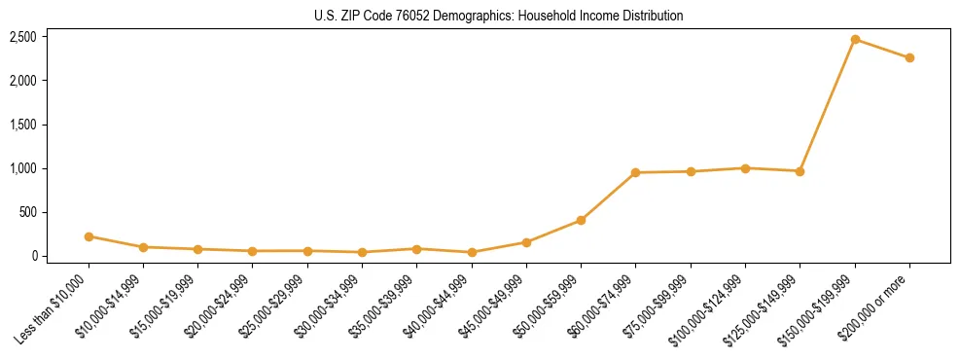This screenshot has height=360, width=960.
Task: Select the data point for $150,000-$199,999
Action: point(855,40)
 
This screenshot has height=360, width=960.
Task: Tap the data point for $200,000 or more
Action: point(909,58)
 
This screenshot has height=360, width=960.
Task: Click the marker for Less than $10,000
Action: point(89,236)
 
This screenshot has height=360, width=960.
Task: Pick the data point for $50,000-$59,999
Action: point(581,220)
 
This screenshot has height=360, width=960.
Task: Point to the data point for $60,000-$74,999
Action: point(635,173)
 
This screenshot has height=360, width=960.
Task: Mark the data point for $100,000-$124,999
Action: point(745,168)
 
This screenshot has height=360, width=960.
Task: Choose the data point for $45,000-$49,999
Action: point(526,242)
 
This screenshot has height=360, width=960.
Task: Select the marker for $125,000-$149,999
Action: point(800,171)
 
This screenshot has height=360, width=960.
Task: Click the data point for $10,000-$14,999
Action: point(143,247)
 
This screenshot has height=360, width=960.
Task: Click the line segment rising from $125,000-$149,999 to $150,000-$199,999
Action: point(828,105)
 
